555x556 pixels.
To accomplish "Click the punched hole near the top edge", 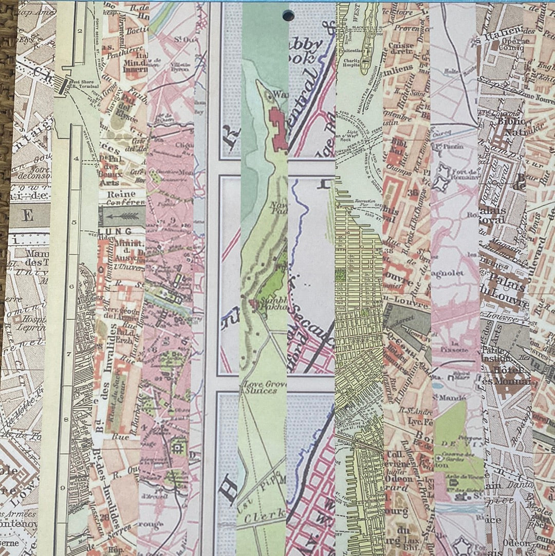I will point(288,15).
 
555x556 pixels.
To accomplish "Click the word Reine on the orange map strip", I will point(121,194).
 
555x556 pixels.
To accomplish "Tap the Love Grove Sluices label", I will point(261,387).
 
